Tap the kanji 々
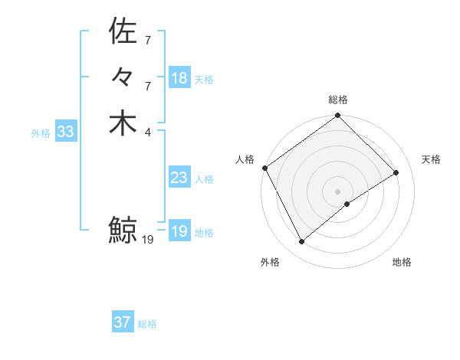tap(123, 78)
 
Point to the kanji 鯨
tap(123, 229)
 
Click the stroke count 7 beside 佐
tap(147, 39)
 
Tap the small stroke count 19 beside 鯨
tap(148, 240)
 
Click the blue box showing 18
tap(179, 78)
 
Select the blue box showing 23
tap(179, 178)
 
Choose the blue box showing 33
tap(66, 132)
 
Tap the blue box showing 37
tap(123, 322)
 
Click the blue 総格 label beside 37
tap(147, 324)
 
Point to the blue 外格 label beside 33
tap(41, 133)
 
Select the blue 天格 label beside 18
tap(204, 80)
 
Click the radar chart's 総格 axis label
tap(338, 100)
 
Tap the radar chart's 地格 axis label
tap(402, 262)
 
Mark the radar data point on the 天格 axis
tap(396, 173)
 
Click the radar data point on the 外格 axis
tap(301, 242)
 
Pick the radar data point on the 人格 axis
tap(264, 168)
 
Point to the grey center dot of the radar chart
tap(338, 191)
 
